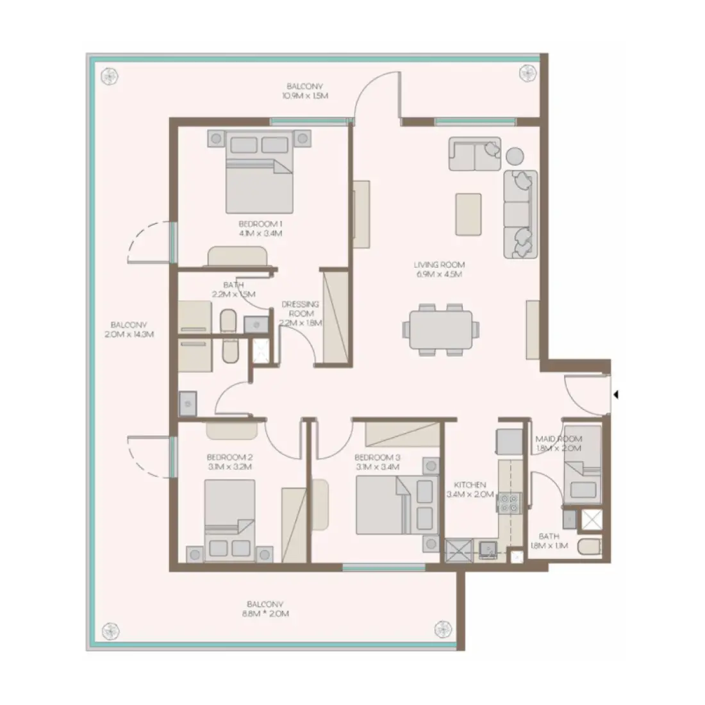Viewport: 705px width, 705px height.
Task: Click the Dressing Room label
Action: coord(301,314)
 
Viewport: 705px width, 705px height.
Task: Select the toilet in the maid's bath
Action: coord(588,547)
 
